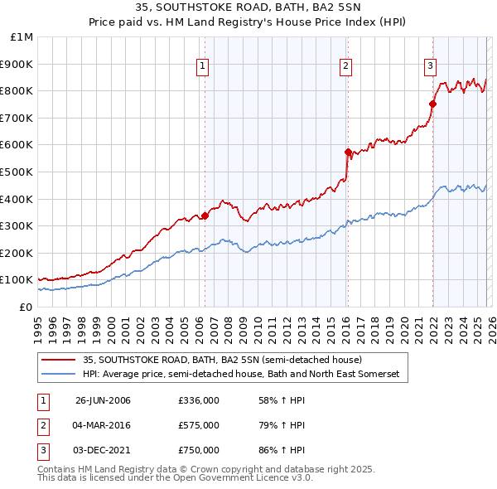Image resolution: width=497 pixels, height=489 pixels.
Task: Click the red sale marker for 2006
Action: pyautogui.click(x=205, y=215)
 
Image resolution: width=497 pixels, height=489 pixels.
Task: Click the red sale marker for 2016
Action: pyautogui.click(x=347, y=152)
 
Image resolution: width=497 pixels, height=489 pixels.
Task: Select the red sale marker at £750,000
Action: pyautogui.click(x=432, y=104)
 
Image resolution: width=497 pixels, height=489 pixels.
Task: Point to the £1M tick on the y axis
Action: pyautogui.click(x=22, y=37)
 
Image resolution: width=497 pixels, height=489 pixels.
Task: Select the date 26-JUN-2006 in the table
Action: pyautogui.click(x=103, y=400)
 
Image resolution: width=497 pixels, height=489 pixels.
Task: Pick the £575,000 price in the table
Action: pyautogui.click(x=198, y=425)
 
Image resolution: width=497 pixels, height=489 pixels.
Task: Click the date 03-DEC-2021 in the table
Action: pyautogui.click(x=103, y=450)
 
